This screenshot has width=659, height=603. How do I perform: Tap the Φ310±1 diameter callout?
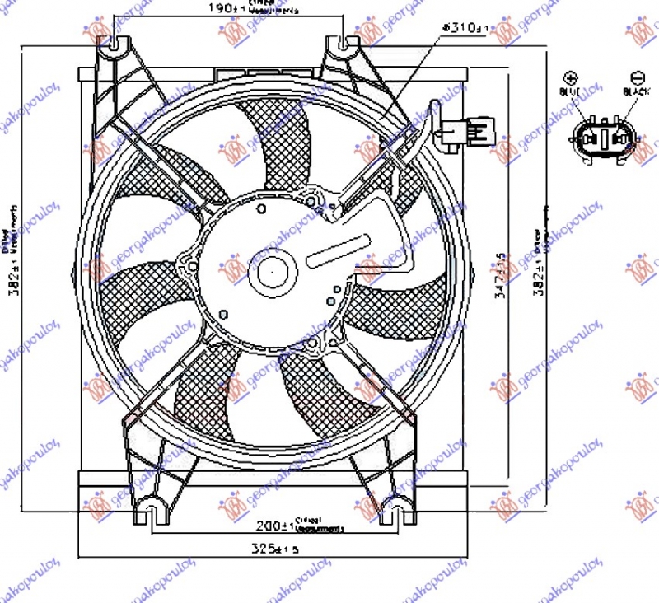tap(466, 28)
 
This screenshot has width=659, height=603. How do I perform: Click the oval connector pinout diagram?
tap(604, 138)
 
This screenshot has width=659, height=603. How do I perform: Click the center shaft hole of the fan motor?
tap(272, 269)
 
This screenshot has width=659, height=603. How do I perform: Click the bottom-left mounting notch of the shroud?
tap(151, 512)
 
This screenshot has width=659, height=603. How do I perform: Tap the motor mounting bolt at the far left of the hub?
tap(190, 265)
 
